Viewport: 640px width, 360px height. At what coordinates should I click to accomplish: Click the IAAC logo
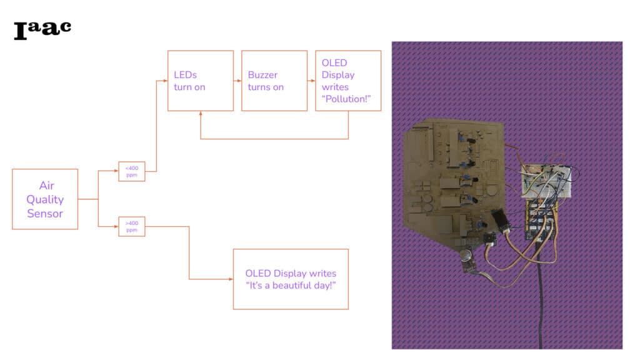(42, 29)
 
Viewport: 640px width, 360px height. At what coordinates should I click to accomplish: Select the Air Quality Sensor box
(45, 199)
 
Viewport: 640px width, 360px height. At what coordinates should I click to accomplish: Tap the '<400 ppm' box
(132, 171)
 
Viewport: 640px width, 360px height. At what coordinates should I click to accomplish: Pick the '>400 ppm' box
(132, 226)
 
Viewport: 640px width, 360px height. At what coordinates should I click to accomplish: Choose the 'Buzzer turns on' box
(266, 81)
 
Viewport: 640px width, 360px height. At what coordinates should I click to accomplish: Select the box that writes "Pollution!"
(348, 81)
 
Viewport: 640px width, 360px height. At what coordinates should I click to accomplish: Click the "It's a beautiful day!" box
(291, 279)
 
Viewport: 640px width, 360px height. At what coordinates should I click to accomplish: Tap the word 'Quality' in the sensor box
(45, 199)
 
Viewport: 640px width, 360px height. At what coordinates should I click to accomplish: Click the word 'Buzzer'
(262, 75)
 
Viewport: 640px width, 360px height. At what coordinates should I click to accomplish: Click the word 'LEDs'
(185, 75)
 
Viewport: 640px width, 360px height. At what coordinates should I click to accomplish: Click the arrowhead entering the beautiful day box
(231, 279)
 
